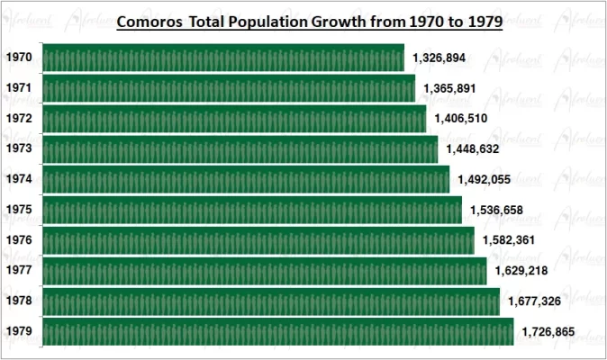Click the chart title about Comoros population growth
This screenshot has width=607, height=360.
click(310, 21)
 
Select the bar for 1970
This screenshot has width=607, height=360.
click(223, 58)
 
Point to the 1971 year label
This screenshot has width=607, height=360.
click(19, 88)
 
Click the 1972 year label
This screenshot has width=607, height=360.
click(19, 119)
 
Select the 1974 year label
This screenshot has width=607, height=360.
click(19, 179)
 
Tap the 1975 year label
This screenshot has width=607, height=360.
click(19, 210)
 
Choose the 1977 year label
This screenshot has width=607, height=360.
click(19, 271)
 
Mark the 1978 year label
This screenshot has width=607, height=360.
click(19, 301)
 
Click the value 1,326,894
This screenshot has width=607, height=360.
click(439, 58)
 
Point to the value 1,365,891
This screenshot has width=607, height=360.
click(450, 88)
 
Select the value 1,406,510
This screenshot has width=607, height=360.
click(461, 118)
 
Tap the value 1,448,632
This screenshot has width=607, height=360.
click(473, 148)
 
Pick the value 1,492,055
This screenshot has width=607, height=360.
click(485, 179)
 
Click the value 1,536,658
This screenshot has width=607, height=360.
click(496, 210)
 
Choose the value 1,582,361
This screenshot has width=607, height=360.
click(509, 240)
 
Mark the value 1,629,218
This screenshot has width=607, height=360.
click(521, 271)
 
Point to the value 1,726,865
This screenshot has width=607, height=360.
click(548, 332)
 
